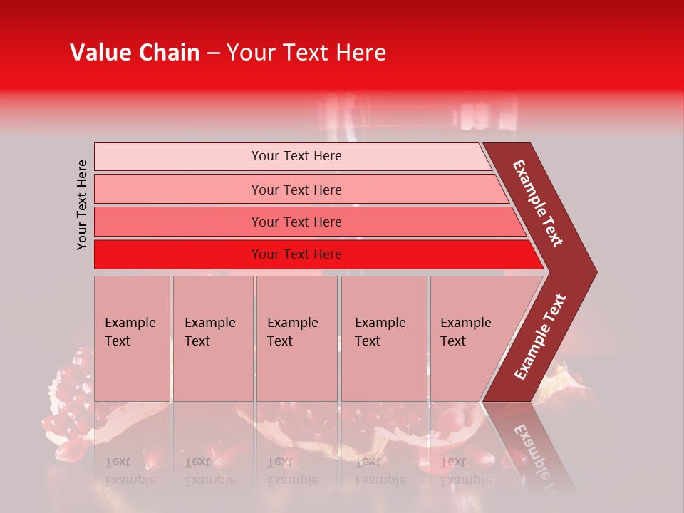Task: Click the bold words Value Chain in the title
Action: tap(135, 53)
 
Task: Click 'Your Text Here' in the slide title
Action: tap(306, 53)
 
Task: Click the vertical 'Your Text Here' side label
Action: tap(82, 204)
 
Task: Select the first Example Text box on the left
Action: tap(132, 338)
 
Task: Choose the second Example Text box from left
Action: tap(212, 338)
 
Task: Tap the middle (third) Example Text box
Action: tap(296, 338)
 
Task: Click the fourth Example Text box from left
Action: tap(383, 338)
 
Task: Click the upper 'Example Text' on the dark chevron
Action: tap(538, 203)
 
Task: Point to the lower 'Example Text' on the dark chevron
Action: tap(540, 336)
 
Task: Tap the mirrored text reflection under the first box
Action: tap(130, 471)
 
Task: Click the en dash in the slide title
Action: tap(213, 53)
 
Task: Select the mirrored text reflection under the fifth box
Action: tap(465, 471)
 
